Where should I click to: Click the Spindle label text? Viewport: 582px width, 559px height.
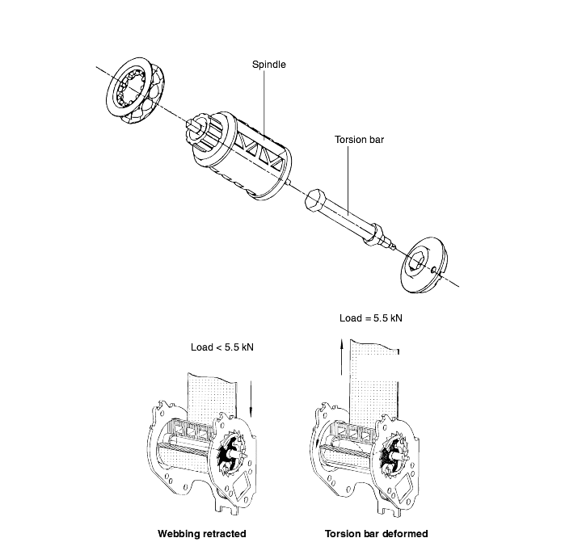click(268, 64)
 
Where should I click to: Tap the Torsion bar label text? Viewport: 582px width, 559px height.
click(359, 140)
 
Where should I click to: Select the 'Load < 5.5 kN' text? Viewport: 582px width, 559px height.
click(222, 347)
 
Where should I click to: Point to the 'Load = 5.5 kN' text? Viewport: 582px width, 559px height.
click(370, 318)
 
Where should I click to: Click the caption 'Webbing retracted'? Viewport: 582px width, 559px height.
click(202, 534)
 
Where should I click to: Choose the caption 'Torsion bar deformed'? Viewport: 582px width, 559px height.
click(377, 534)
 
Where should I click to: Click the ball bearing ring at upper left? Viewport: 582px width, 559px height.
click(136, 90)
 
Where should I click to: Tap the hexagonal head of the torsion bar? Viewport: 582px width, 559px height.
click(315, 200)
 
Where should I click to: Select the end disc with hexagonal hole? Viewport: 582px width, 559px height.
click(424, 264)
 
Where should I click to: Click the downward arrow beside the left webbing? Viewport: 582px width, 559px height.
click(251, 399)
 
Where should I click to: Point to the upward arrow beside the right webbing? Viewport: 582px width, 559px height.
click(342, 356)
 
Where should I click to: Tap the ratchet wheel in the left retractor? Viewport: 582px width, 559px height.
click(231, 452)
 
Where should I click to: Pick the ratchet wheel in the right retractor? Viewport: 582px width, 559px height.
click(393, 455)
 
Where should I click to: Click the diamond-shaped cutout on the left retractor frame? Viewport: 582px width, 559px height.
click(242, 485)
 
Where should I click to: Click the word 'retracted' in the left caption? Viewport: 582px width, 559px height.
click(224, 534)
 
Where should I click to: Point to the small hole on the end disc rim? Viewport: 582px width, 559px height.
click(433, 269)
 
